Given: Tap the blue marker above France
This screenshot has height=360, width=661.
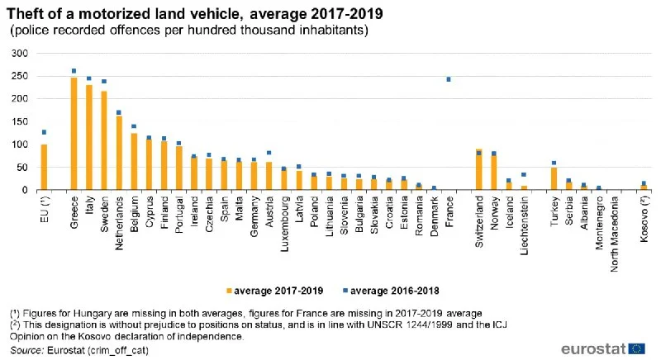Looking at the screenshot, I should [448, 79].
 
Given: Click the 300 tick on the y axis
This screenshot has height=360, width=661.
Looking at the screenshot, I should [20, 53].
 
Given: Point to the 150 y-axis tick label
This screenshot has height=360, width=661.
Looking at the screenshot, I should [20, 121].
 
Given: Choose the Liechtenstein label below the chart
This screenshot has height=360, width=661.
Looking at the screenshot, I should [525, 222].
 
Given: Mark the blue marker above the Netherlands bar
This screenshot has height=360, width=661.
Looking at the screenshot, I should [119, 112].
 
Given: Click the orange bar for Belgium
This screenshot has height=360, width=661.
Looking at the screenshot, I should [134, 162].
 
